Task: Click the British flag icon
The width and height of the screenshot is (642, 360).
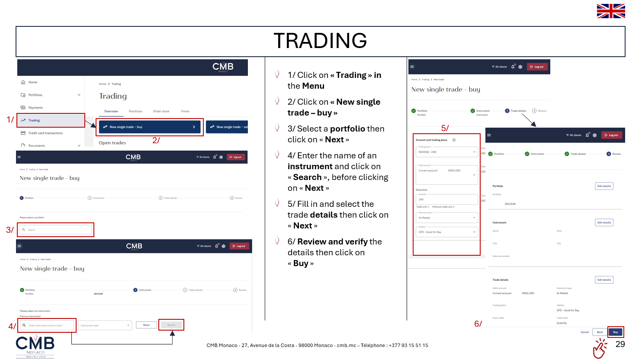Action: pos(610,11)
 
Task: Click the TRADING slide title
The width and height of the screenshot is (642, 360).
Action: pos(320,41)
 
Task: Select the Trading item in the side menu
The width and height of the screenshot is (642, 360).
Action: pos(51,120)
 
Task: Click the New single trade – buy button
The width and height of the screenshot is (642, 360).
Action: pos(150,127)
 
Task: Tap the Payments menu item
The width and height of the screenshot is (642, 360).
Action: pos(35,108)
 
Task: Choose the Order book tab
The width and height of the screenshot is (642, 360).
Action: pos(161,111)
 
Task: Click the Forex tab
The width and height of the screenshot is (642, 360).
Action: pos(185,111)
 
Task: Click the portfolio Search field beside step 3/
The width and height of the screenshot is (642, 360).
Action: pos(56,230)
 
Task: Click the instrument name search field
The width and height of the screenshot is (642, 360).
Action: pos(48,325)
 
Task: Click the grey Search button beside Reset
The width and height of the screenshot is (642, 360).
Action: pos(171,325)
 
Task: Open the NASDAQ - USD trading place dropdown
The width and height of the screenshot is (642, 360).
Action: pos(446,152)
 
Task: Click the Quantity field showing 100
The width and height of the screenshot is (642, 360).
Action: pos(446,199)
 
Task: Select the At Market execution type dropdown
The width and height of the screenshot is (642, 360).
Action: pos(446,218)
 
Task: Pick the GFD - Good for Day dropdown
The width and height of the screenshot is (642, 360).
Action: pos(446,232)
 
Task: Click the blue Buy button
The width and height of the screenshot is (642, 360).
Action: pos(615,332)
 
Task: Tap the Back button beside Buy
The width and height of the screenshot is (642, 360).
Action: pos(600,332)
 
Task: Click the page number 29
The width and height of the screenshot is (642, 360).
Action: pos(620,344)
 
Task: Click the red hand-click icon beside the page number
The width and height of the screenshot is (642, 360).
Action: pos(600,348)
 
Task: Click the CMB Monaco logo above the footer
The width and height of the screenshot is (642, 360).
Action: pos(35,346)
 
